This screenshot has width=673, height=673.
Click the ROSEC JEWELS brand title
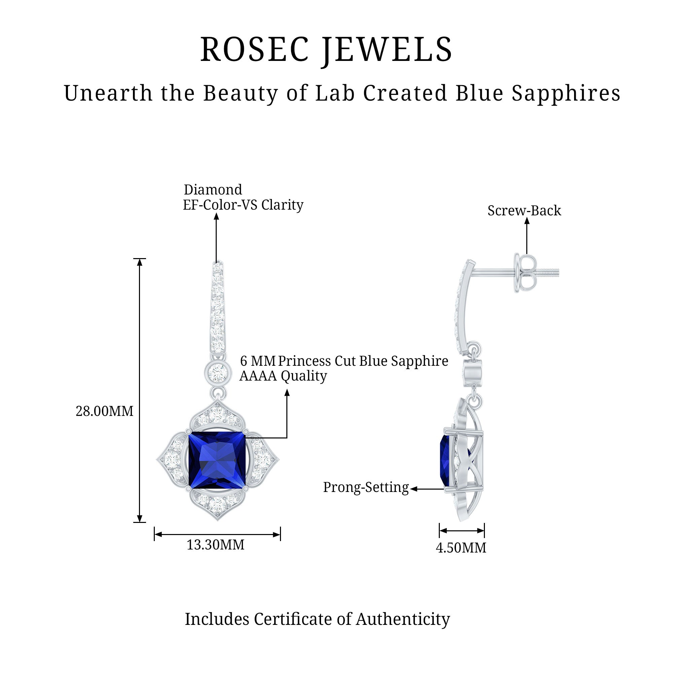click(326, 50)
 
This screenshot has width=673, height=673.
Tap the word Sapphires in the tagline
click(566, 93)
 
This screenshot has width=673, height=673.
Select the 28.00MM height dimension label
click(105, 412)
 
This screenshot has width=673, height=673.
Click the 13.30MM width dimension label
click(216, 545)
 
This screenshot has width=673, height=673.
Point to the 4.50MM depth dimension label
click(461, 548)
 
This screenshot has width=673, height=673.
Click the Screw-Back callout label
click(524, 211)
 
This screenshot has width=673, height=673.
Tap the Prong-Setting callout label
click(366, 487)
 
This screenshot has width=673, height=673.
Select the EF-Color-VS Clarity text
click(243, 205)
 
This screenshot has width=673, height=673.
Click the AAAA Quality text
click(283, 376)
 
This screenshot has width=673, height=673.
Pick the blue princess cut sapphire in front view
click(217, 460)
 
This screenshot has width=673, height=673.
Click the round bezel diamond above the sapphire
click(217, 373)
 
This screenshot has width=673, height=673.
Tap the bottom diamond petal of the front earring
click(217, 503)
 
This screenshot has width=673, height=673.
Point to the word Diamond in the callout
click(213, 190)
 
